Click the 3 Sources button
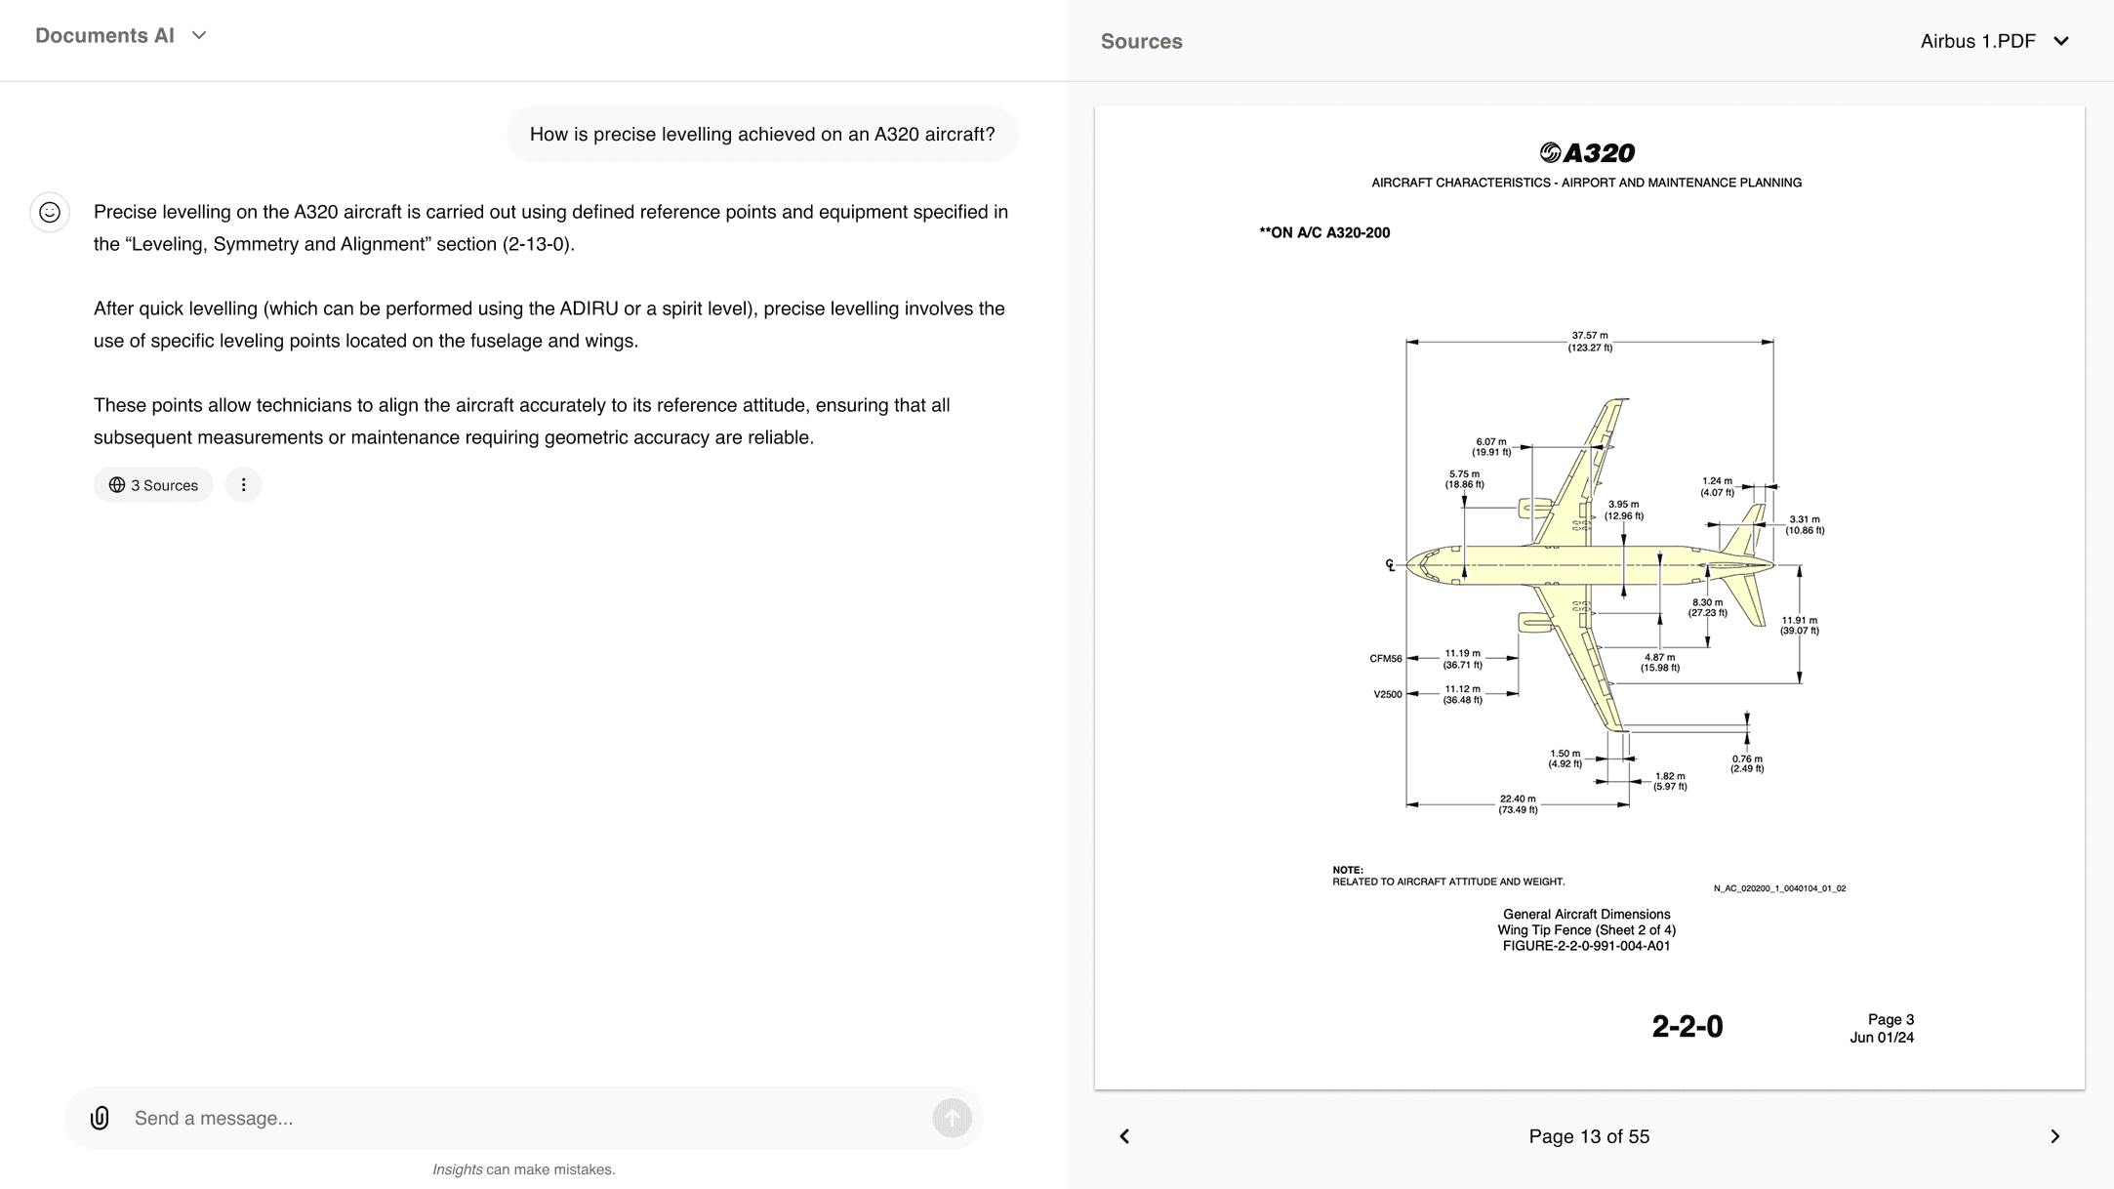[x=153, y=485]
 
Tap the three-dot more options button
[x=243, y=485]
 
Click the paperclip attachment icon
[x=100, y=1118]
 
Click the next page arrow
[x=2054, y=1136]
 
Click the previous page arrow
[x=1124, y=1136]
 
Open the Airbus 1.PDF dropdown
[x=1994, y=41]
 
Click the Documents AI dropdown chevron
[x=199, y=36]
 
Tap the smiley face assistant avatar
[x=50, y=212]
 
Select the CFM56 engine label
[x=1386, y=659]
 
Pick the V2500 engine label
[x=1388, y=695]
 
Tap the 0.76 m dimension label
[x=1747, y=763]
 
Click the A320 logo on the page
[x=1587, y=153]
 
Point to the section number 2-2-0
[x=1687, y=1027]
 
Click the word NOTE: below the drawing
[x=1348, y=870]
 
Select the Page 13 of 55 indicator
[x=1589, y=1136]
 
